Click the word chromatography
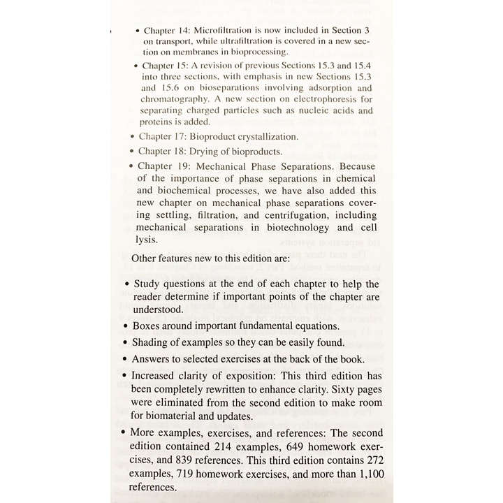click(x=178, y=99)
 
